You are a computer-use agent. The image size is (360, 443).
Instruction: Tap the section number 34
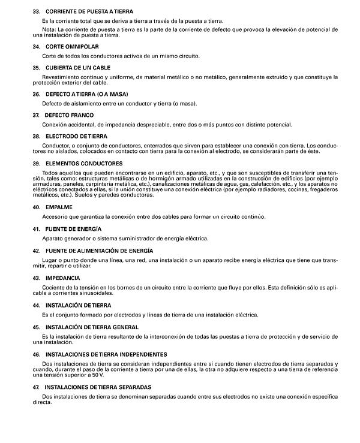36,46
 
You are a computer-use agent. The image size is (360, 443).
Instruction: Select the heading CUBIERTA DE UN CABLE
78,67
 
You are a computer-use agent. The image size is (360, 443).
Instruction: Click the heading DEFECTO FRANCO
69,114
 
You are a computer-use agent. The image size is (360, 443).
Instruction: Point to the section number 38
36,136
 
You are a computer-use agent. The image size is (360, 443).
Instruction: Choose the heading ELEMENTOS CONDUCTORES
82,163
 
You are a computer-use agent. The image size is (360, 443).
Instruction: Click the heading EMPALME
59,207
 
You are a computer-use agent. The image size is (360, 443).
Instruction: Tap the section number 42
36,250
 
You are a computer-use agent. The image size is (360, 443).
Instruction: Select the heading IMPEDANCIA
62,278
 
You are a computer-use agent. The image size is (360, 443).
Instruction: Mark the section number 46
36,354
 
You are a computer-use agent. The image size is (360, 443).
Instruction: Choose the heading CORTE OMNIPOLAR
72,46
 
